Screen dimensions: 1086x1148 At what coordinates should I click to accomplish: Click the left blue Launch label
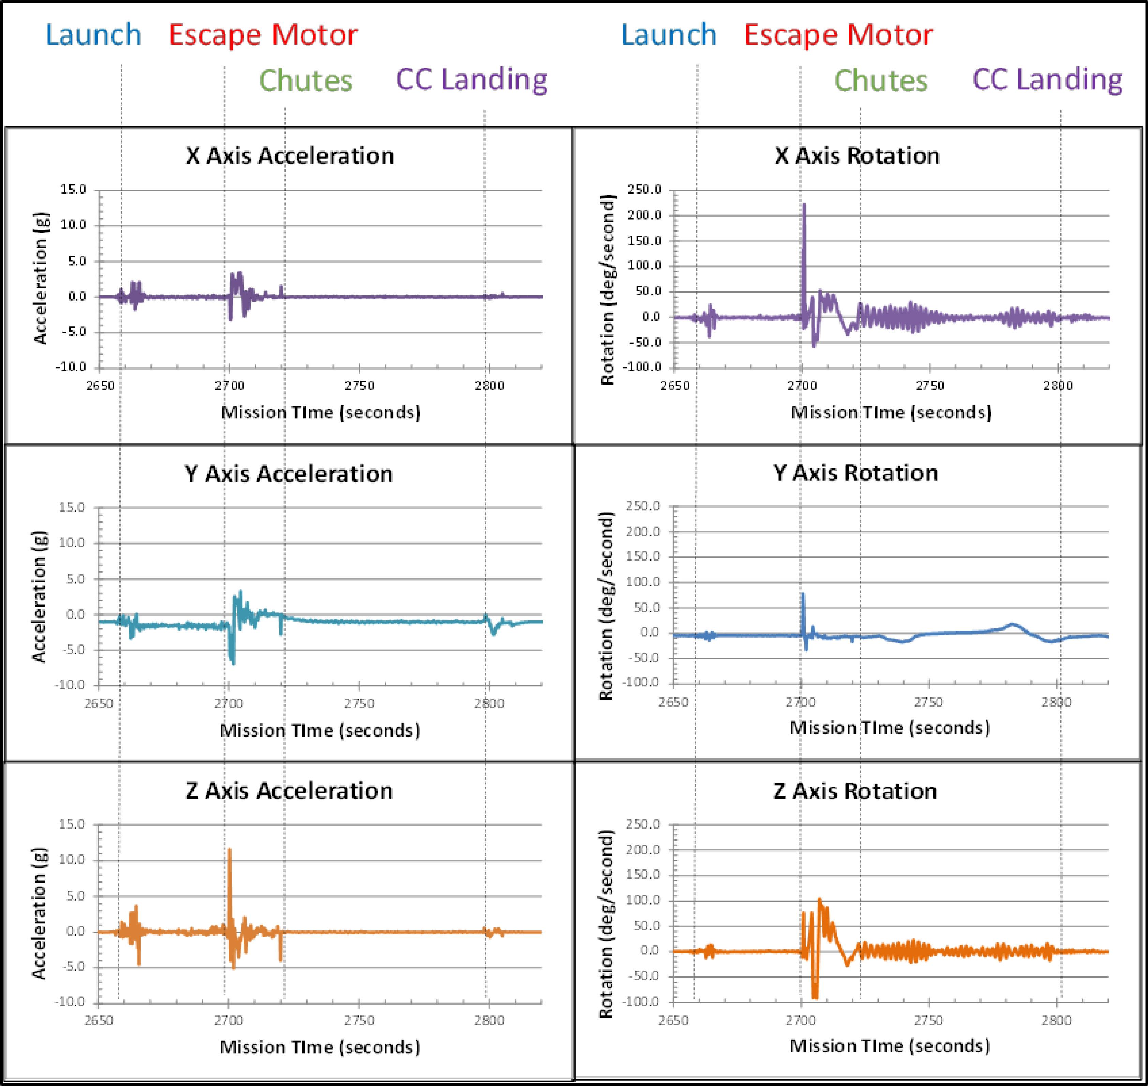(x=93, y=35)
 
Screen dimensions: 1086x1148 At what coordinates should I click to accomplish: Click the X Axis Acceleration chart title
(x=289, y=156)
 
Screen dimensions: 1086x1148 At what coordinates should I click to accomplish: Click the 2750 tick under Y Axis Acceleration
(x=359, y=704)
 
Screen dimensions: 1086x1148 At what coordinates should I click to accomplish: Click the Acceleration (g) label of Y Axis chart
(x=38, y=596)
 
